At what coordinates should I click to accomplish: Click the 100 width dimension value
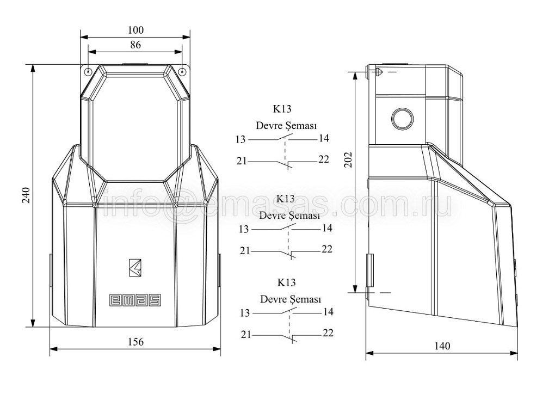pyautogui.click(x=135, y=30)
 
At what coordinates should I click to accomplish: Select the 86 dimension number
pyautogui.click(x=135, y=45)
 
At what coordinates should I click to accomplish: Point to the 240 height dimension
pyautogui.click(x=26, y=195)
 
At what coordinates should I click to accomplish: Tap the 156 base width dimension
pyautogui.click(x=135, y=342)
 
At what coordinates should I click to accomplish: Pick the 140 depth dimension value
pyautogui.click(x=442, y=346)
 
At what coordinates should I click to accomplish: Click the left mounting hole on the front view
pyautogui.click(x=88, y=71)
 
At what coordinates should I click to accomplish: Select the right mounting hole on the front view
pyautogui.click(x=182, y=71)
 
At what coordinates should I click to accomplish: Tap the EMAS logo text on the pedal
pyautogui.click(x=135, y=300)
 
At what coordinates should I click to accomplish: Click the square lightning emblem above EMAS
pyautogui.click(x=135, y=267)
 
